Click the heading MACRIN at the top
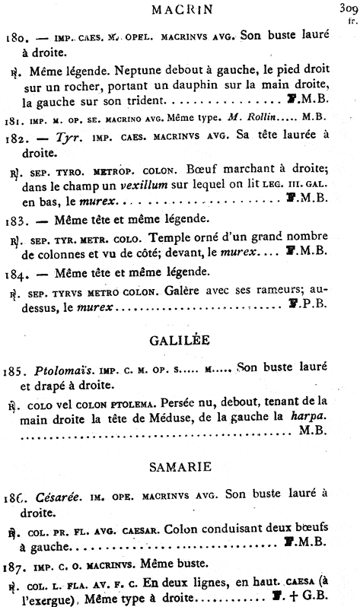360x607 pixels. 180,11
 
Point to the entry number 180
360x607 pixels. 15,35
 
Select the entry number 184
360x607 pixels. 15,274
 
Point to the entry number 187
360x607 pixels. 15,563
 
